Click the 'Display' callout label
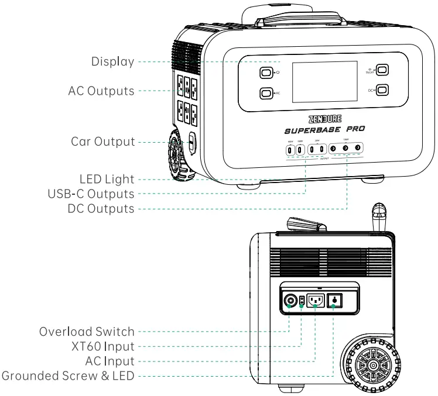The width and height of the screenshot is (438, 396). (112, 62)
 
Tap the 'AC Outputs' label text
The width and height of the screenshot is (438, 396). (101, 92)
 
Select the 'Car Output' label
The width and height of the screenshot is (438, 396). (103, 142)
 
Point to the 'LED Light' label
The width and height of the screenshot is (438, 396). (107, 179)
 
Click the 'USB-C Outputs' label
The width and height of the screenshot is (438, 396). (90, 194)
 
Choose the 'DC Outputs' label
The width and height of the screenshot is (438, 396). (97, 208)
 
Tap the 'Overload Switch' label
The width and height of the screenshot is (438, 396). (87, 332)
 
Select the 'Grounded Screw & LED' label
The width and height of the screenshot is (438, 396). (68, 376)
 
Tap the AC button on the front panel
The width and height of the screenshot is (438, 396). (266, 93)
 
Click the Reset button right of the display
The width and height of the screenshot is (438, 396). (382, 70)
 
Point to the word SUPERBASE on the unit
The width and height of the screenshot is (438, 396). (306, 130)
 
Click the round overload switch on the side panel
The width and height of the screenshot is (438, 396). (289, 301)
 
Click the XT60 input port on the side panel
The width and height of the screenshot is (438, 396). (302, 301)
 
